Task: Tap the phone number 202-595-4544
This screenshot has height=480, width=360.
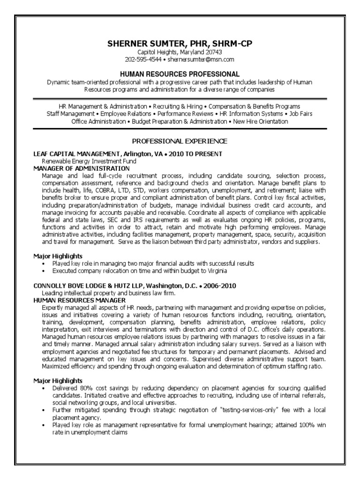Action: [143, 60]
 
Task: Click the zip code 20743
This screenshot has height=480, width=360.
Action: [213, 52]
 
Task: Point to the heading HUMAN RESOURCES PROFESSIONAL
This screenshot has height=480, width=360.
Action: [180, 74]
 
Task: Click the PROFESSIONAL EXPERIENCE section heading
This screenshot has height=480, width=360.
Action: [180, 141]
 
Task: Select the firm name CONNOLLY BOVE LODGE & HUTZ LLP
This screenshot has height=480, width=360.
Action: [91, 286]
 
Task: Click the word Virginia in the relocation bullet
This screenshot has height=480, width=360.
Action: [216, 270]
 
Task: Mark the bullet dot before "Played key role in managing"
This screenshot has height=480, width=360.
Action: [43, 264]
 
